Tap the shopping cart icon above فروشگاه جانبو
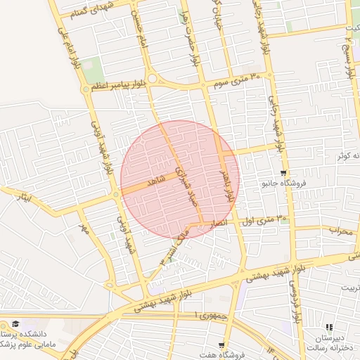pos(283,173)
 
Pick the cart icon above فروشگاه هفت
pos(222,345)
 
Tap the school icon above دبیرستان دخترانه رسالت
pos(328,327)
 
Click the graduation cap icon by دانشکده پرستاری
pos(15,324)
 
